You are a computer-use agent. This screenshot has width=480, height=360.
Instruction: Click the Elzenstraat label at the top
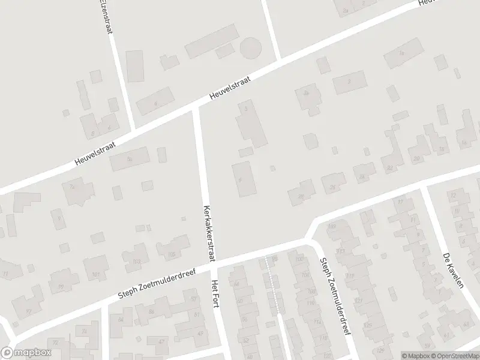point(106,15)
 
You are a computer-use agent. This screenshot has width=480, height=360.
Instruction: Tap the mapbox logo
point(26,352)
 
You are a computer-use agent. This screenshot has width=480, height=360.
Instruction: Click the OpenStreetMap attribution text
point(454,355)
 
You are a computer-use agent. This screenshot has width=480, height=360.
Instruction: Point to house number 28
point(299,195)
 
